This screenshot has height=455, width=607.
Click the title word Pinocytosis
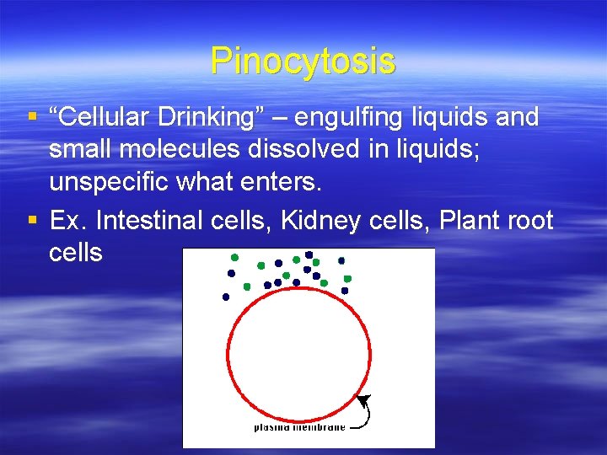tap(303, 61)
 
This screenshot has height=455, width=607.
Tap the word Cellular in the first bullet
tap(107, 117)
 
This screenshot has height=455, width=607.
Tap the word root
tap(530, 221)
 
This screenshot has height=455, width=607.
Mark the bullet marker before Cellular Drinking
tap(31, 118)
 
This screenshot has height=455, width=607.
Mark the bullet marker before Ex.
tap(31, 222)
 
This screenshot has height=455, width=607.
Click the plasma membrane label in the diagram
tap(299, 427)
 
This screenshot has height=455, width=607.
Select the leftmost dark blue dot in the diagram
tap(225, 297)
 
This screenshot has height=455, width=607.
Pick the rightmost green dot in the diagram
tap(347, 278)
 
